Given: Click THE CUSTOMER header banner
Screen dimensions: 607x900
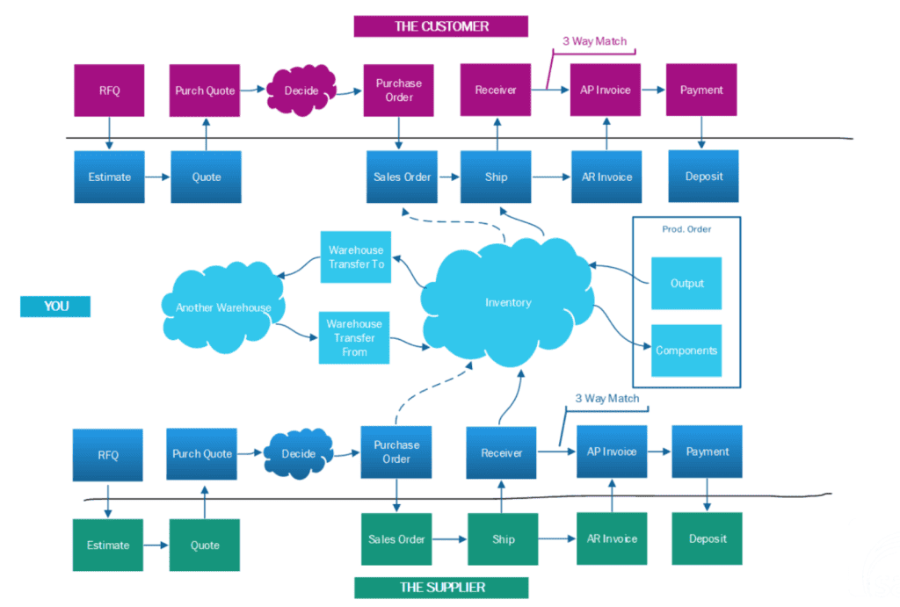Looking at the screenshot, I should pyautogui.click(x=441, y=26).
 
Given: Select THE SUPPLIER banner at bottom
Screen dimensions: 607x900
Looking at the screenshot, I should pyautogui.click(x=441, y=587).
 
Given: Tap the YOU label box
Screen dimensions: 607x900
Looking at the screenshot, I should pyautogui.click(x=55, y=307).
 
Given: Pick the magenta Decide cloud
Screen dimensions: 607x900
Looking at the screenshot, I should pyautogui.click(x=301, y=90).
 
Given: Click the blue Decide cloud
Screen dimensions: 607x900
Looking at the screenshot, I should pyautogui.click(x=299, y=454).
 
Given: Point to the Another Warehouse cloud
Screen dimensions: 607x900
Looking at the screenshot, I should pyautogui.click(x=223, y=307).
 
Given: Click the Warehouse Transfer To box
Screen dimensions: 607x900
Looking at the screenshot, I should pyautogui.click(x=356, y=257).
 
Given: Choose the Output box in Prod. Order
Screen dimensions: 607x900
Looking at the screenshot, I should pyautogui.click(x=686, y=283).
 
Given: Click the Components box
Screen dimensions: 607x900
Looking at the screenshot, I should pyautogui.click(x=686, y=350).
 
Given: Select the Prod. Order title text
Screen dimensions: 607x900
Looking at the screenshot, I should pyautogui.click(x=686, y=229).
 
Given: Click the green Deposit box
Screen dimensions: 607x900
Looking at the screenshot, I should pyautogui.click(x=708, y=539).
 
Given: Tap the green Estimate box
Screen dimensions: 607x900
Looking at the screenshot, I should pyautogui.click(x=108, y=546).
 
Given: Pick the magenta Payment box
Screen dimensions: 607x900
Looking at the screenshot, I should pyautogui.click(x=701, y=90).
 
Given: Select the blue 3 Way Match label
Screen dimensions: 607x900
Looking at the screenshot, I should pyautogui.click(x=607, y=399).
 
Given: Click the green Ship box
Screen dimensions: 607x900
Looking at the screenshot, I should pyautogui.click(x=502, y=539).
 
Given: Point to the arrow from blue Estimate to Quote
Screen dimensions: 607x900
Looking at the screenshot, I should pyautogui.click(x=157, y=177).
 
